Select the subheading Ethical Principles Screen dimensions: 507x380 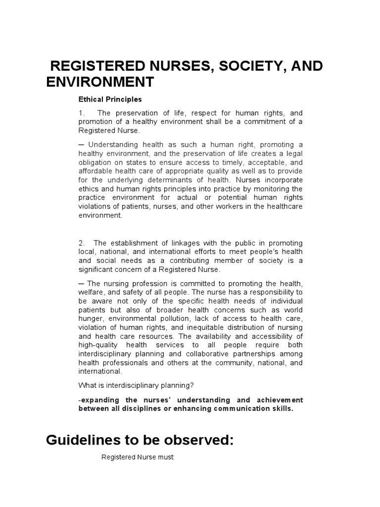(x=110, y=99)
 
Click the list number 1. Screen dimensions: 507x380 (x=82, y=113)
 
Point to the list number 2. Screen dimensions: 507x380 (x=82, y=243)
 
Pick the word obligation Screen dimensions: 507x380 (x=96, y=163)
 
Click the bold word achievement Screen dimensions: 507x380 (x=278, y=400)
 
